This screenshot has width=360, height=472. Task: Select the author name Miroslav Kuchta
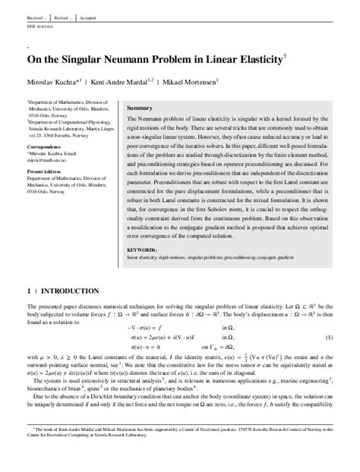(x=49, y=81)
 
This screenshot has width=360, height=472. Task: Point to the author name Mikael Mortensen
(x=193, y=81)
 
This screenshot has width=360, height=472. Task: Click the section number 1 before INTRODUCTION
(x=27, y=291)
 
